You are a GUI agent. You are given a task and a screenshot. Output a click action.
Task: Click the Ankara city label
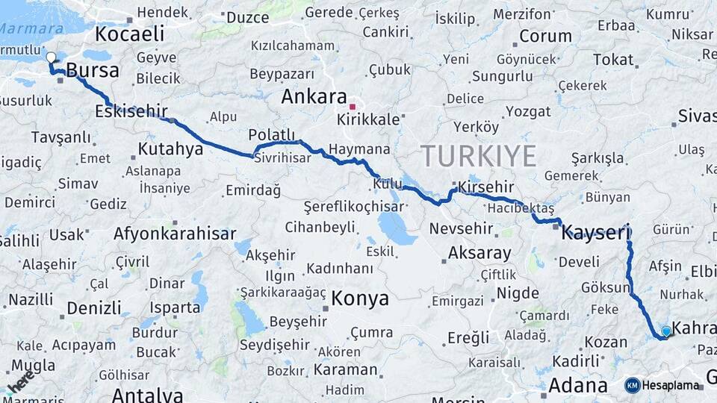pos(314,97)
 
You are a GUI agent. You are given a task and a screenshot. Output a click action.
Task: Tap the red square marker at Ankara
pos(352,107)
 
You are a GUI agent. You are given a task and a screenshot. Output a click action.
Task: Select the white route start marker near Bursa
pos(51,57)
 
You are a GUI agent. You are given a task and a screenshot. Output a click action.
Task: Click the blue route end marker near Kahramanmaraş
pos(666,331)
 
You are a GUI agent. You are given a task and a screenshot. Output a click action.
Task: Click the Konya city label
pos(360,299)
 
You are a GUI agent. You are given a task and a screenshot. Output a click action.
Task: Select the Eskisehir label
pos(131,112)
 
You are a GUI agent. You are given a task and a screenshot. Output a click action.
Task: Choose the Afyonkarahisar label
pos(175,234)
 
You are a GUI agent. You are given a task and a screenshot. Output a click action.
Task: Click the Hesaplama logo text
pos(671,385)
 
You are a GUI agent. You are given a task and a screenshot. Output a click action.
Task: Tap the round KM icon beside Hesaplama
pos(633,385)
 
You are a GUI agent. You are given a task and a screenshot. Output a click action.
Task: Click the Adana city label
pos(577,386)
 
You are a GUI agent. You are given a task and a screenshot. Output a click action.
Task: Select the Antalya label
pos(147,394)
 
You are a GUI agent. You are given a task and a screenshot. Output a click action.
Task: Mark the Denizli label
pos(94,307)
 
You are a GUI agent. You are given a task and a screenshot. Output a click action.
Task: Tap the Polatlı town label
pos(273,134)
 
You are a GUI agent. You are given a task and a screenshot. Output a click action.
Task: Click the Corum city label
pos(545,36)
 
